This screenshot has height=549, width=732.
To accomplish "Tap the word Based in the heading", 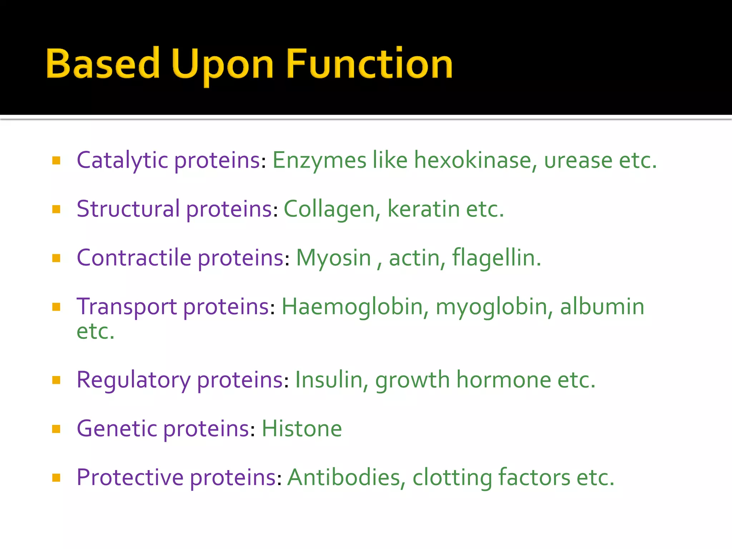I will (x=103, y=64).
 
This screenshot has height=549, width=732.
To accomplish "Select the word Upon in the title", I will (x=222, y=66).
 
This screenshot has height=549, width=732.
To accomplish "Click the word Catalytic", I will (x=122, y=160).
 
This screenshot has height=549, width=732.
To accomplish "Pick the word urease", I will (x=578, y=160).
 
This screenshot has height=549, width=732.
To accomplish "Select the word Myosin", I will (x=333, y=258).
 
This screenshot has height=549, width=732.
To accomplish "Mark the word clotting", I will (x=452, y=478).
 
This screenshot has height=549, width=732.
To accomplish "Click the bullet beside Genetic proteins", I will (x=56, y=429).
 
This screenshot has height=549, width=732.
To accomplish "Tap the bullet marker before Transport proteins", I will (x=56, y=307).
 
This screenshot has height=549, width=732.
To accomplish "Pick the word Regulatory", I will (x=133, y=380).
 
